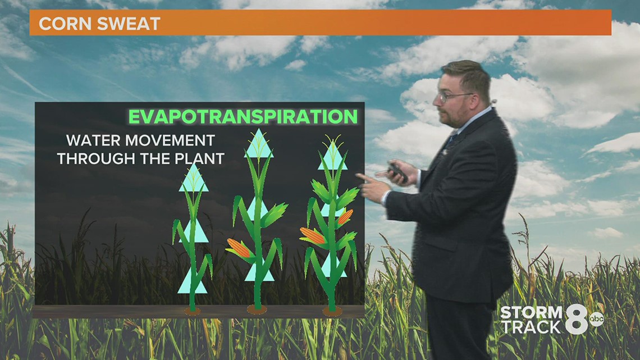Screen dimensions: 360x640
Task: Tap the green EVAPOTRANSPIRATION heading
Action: (x=243, y=116)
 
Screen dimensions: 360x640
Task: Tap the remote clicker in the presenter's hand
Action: (x=397, y=171)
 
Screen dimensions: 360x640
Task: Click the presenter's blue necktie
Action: (x=451, y=140)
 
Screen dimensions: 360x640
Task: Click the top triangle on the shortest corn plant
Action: (x=194, y=179)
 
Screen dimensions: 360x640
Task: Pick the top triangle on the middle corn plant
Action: (x=259, y=144)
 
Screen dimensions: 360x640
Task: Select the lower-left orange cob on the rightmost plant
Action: (x=313, y=235)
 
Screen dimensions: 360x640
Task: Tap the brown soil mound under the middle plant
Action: (x=257, y=309)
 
